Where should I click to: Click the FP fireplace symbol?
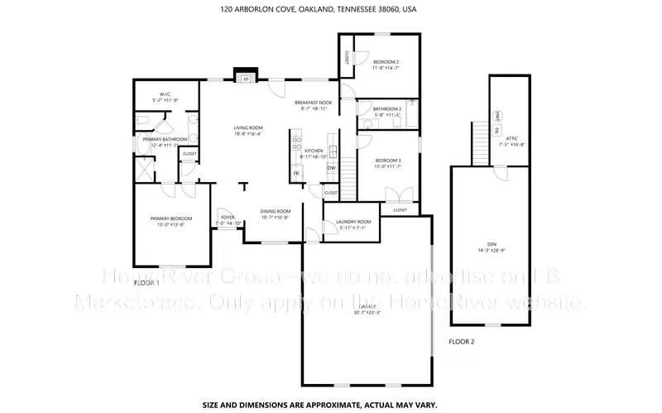point(245,79)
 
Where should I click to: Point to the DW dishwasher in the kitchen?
point(331,168)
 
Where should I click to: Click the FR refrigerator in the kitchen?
point(295,174)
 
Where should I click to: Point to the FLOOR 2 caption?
point(462,342)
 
